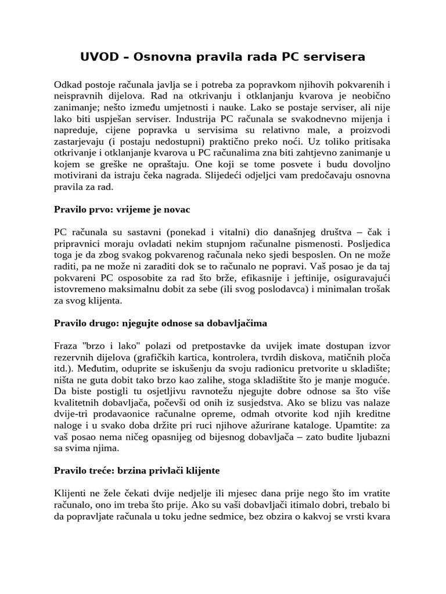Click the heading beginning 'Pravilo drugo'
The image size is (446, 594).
point(161,322)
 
